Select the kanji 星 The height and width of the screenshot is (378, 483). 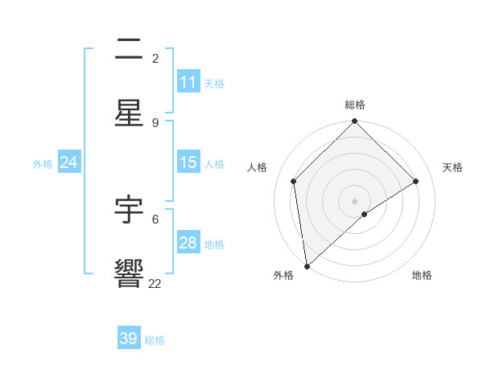(129, 113)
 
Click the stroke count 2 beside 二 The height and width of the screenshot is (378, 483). (155, 59)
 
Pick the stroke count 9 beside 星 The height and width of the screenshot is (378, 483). (155, 122)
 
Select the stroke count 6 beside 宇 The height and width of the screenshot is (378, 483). (155, 219)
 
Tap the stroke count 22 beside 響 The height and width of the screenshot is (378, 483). (155, 283)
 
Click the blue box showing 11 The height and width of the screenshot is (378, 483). (188, 82)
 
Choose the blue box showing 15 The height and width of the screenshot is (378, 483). (188, 162)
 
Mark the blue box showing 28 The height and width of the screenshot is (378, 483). (188, 243)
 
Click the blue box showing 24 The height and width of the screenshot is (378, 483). (68, 162)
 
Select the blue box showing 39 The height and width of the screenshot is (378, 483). (128, 339)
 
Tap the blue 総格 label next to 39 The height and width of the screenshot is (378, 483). (155, 340)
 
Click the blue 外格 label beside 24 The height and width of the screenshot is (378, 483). (43, 164)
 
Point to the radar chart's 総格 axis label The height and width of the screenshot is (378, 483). (355, 105)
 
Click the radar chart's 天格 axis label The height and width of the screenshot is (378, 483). (452, 167)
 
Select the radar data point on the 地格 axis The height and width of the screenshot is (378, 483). (365, 214)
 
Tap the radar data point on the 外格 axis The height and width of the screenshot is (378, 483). (306, 266)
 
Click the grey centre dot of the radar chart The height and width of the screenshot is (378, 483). (355, 200)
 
